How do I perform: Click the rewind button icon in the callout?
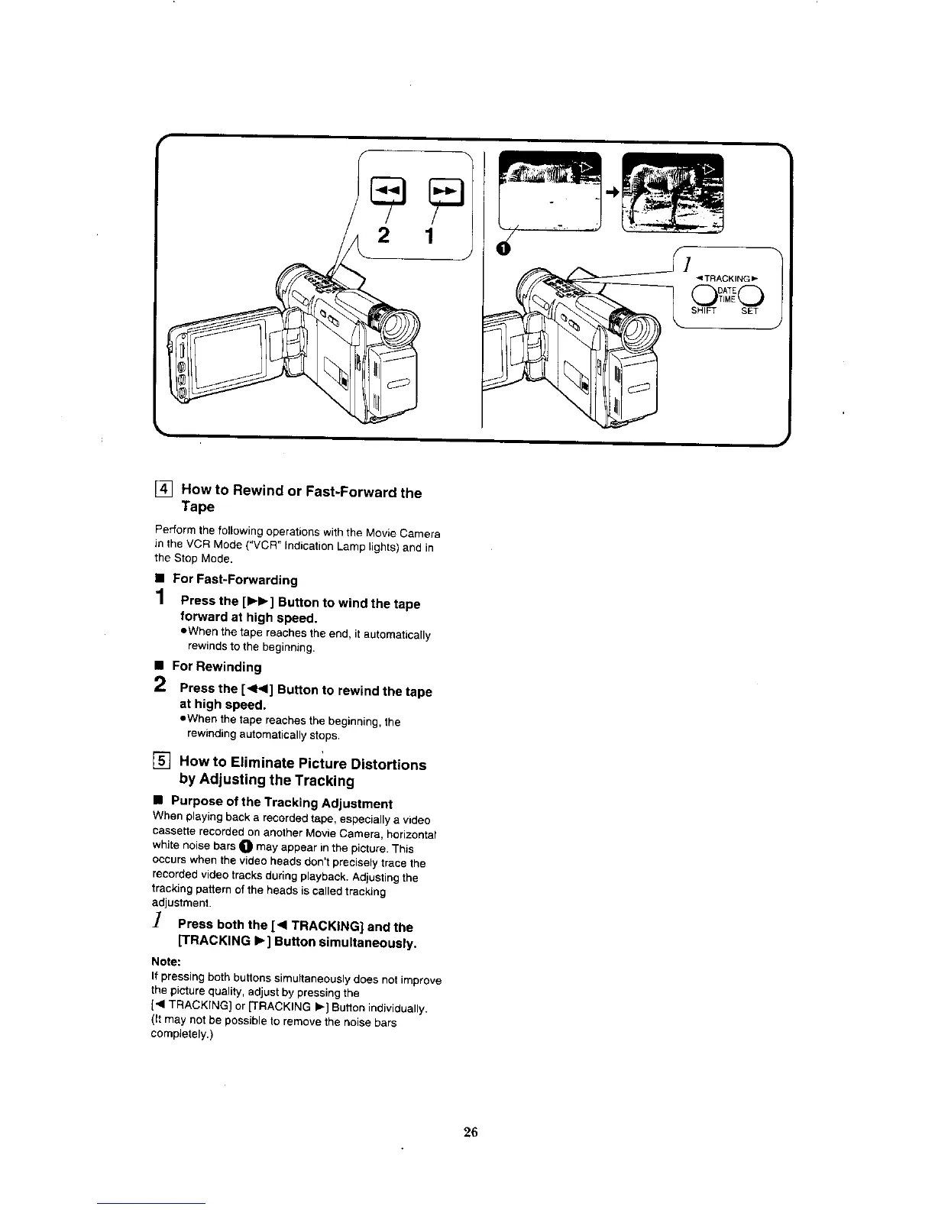click(382, 189)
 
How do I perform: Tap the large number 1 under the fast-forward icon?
click(429, 235)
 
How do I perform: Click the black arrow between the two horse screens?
click(611, 193)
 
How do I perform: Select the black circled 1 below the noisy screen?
click(503, 248)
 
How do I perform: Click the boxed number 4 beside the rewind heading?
click(165, 490)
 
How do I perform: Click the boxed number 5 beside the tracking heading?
click(163, 761)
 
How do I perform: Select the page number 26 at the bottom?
click(470, 1131)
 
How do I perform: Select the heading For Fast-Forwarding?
click(235, 580)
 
